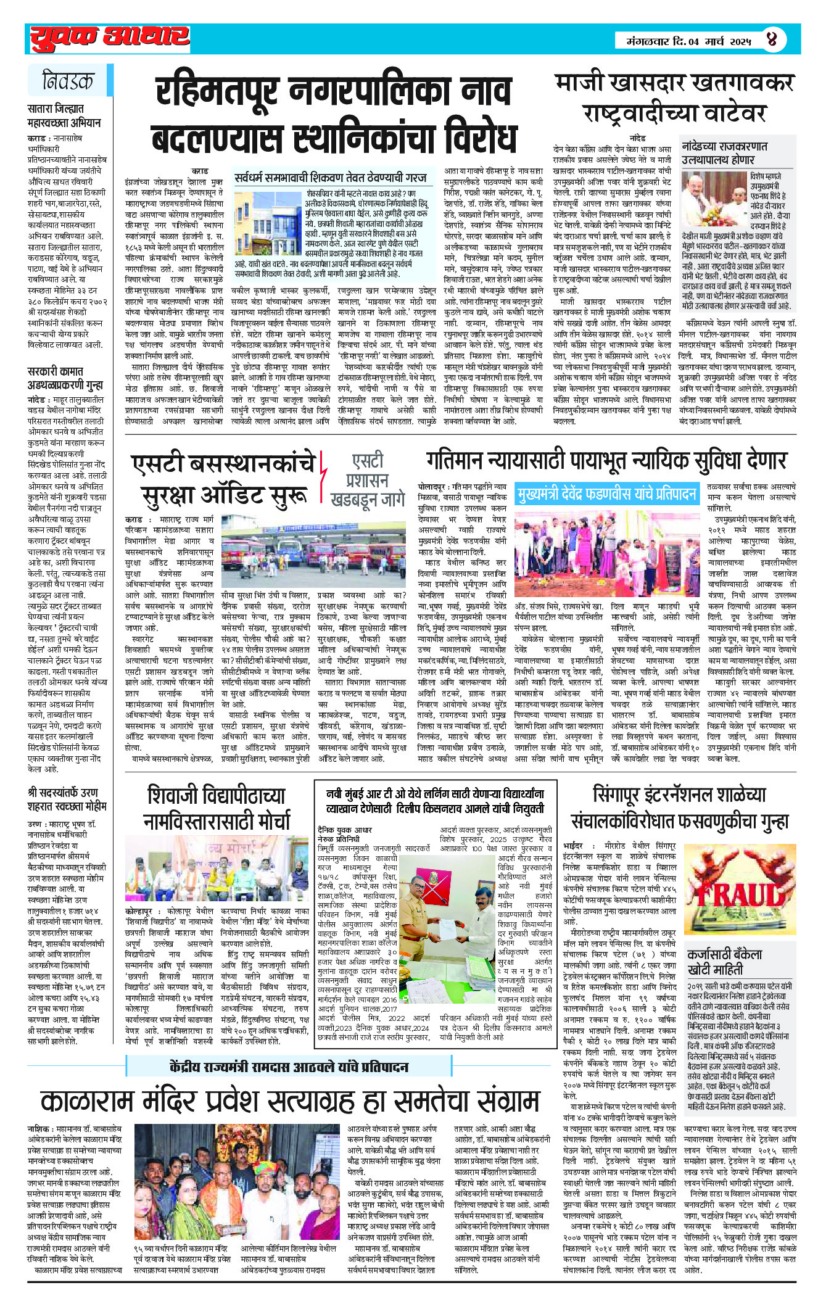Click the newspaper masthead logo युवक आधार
pyautogui.click(x=110, y=38)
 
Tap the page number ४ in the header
pyautogui.click(x=772, y=41)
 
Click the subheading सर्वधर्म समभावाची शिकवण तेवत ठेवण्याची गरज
pyautogui.click(x=331, y=178)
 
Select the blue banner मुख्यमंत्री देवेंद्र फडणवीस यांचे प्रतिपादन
pyautogui.click(x=607, y=494)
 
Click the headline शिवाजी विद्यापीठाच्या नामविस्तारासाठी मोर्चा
pyautogui.click(x=217, y=808)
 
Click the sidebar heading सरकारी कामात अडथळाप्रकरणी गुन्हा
pyautogui.click(x=65, y=378)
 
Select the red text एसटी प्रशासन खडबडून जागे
pyautogui.click(x=367, y=480)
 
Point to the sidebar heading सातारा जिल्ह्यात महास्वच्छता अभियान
pyautogui.click(x=64, y=115)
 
